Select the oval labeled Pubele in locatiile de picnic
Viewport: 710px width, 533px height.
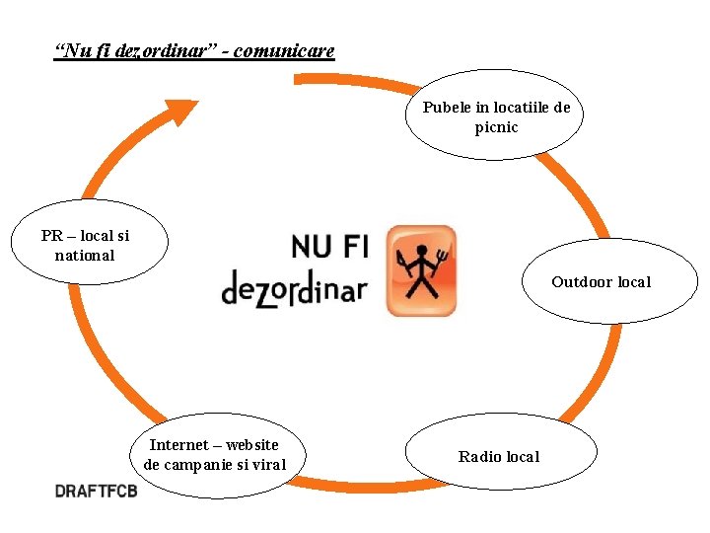[x=495, y=114]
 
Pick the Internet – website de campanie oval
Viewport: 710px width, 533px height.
[x=215, y=455]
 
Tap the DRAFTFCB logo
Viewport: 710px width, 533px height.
[x=96, y=490]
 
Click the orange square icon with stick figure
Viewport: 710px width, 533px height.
[x=421, y=270]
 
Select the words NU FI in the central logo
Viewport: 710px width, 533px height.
[x=329, y=246]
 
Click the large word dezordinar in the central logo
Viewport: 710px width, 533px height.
[x=294, y=288]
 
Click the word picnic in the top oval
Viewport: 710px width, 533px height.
[x=496, y=128]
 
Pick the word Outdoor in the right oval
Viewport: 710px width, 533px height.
[x=582, y=282]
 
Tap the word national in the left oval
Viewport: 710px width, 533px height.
[x=85, y=256]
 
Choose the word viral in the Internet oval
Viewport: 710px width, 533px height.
[x=268, y=465]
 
